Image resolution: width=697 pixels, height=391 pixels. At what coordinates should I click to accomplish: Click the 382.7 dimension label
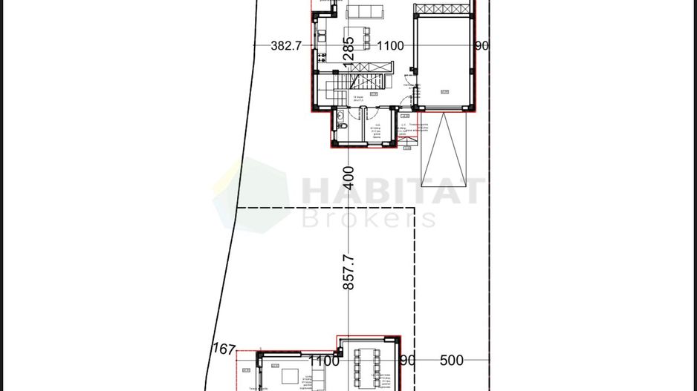point(286,46)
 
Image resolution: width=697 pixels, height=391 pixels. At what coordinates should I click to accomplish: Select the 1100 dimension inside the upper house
point(390,46)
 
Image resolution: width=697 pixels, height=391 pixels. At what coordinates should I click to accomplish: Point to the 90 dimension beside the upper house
point(482,46)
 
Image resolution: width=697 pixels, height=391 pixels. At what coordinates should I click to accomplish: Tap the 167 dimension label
point(223,349)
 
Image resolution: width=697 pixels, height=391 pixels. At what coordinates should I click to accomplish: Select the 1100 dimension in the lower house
point(323,361)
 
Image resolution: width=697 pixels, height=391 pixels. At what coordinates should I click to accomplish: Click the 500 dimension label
point(451,361)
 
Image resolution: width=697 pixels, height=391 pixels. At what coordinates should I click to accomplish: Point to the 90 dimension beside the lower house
point(407,361)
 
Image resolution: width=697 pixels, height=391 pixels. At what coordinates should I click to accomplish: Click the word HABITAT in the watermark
point(392,191)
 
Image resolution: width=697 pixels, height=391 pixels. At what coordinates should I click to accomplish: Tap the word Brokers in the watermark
point(369,218)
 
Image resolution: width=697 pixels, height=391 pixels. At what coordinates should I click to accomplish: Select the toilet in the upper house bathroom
point(340,116)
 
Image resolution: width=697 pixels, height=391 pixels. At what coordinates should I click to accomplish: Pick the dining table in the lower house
point(368,367)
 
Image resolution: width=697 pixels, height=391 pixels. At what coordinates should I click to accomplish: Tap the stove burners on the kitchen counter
point(320,57)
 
